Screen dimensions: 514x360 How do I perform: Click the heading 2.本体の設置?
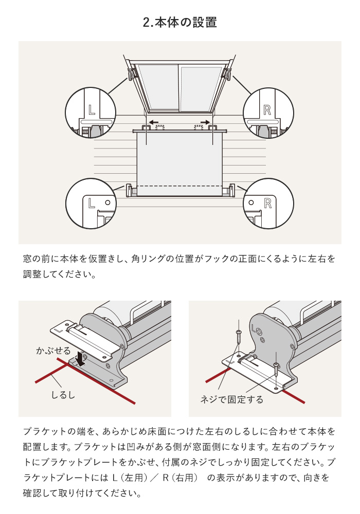pyautogui.click(x=180, y=23)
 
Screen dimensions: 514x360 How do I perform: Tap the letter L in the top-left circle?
pyautogui.click(x=92, y=109)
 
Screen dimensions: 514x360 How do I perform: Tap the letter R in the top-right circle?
pyautogui.click(x=267, y=109)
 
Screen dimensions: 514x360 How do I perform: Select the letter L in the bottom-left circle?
pyautogui.click(x=92, y=203)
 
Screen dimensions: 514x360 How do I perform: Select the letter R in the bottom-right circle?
pyautogui.click(x=267, y=203)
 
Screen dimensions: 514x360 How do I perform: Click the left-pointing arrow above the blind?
pyautogui.click(x=153, y=122)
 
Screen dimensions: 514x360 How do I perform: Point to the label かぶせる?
pyautogui.click(x=53, y=351)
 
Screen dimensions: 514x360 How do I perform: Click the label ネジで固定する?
pyautogui.click(x=231, y=399)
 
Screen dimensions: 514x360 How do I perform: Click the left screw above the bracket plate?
pyautogui.click(x=238, y=337)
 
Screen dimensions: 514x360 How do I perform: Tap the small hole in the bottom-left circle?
pyautogui.click(x=107, y=203)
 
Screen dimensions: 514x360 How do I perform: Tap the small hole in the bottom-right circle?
pyautogui.click(x=251, y=203)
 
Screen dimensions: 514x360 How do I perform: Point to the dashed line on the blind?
pyautogui.click(x=180, y=186)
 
